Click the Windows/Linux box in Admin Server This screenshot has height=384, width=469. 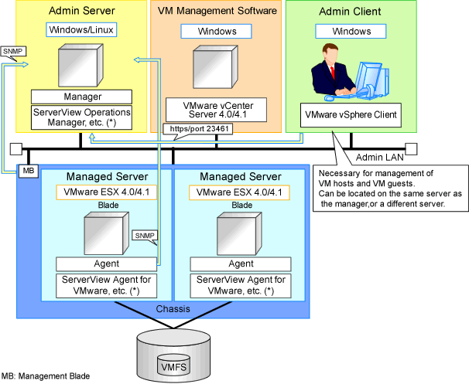[81, 30]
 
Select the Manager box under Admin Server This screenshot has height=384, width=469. [82, 97]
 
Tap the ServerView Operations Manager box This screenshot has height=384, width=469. [82, 117]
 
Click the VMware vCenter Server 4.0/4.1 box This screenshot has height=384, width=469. [216, 110]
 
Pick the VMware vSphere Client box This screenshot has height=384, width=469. [351, 115]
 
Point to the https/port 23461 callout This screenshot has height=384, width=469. [198, 129]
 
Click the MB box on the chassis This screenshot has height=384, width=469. [29, 171]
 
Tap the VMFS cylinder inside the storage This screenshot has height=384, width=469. [173, 365]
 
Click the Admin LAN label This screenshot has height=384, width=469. [379, 158]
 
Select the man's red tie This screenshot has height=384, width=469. [332, 73]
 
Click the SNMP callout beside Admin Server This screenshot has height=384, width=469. [13, 52]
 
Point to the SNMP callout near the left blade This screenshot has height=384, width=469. [145, 236]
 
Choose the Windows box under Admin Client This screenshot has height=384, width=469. [351, 32]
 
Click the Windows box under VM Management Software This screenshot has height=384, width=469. [216, 32]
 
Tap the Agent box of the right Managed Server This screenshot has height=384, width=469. [241, 264]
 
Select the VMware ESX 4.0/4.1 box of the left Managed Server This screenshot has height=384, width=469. [107, 192]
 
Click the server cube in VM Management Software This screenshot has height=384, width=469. [215, 67]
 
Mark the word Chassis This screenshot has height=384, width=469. [173, 309]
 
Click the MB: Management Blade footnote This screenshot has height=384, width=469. [46, 376]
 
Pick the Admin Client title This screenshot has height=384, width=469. [350, 12]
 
